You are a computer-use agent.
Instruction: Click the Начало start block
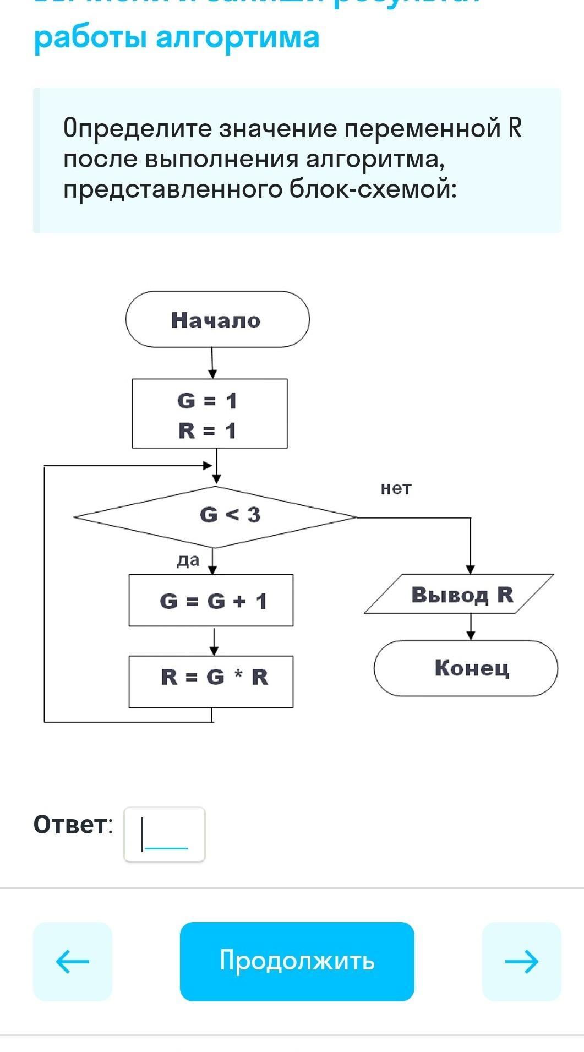tap(217, 319)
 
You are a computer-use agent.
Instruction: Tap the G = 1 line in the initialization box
tap(208, 400)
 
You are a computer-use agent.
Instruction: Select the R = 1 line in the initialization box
tap(208, 430)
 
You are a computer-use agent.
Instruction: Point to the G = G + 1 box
tap(211, 601)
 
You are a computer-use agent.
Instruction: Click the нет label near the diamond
tap(396, 488)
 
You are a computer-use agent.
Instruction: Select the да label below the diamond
tap(188, 560)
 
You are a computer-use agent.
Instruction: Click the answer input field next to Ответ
tap(165, 834)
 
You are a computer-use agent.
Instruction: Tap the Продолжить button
tap(297, 961)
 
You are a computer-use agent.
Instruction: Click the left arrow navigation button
tap(73, 961)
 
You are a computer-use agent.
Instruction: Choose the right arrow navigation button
tap(521, 961)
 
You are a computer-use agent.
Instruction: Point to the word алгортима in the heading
tap(237, 37)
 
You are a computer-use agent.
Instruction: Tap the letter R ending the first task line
tap(515, 128)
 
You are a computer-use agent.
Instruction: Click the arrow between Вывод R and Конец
tap(471, 627)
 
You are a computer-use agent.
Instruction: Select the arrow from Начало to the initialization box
tap(212, 363)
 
